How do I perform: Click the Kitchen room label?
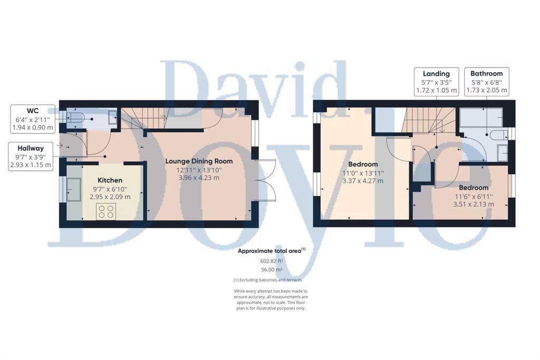tap(110, 180)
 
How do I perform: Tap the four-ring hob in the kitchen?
tap(106, 211)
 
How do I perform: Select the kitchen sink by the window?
tap(74, 189)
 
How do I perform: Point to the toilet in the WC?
tap(75, 117)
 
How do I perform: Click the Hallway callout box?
tap(31, 157)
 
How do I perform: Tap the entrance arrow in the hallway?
tap(60, 145)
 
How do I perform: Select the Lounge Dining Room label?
tap(199, 161)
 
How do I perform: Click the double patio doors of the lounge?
tap(265, 180)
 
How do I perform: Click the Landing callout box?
tap(436, 82)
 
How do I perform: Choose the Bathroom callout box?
tap(487, 82)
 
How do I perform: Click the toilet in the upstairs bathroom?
tap(499, 135)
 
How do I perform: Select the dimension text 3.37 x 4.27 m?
tap(363, 181)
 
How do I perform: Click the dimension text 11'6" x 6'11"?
tap(474, 196)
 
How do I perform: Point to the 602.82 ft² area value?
tap(272, 261)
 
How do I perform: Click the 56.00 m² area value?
tap(272, 270)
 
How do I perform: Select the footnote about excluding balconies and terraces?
tap(267, 280)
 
